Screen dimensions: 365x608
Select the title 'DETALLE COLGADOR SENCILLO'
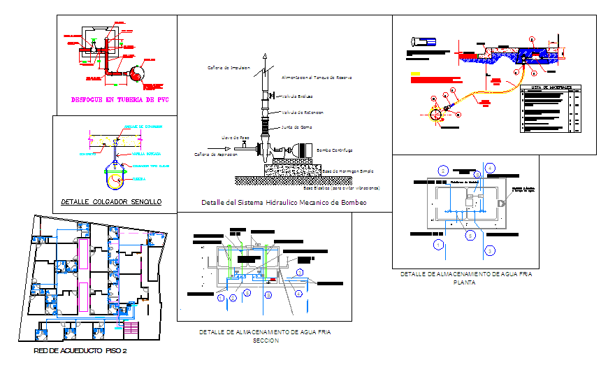[111, 201]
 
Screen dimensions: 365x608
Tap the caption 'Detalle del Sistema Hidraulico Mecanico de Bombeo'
[284, 202]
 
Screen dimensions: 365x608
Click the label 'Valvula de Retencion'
[303, 112]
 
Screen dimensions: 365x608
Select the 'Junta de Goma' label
[296, 127]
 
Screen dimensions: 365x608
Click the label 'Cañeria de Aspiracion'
[216, 153]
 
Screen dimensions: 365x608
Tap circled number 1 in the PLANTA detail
[438, 244]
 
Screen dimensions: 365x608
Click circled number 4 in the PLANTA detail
[490, 168]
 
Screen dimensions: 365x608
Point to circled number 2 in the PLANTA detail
[442, 170]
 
